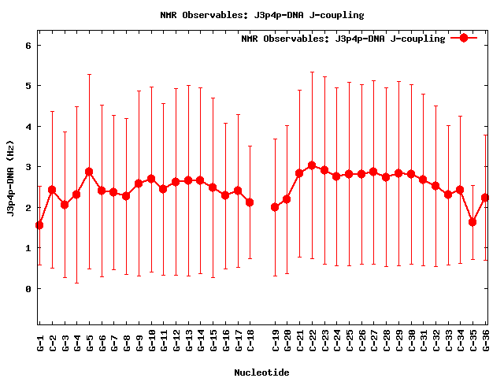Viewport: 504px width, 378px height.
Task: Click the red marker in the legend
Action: coord(464,38)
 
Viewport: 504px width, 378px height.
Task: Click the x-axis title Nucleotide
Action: coord(261,372)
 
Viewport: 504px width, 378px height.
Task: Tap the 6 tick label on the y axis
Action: coord(28,45)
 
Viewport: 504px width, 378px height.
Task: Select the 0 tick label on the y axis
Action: coord(28,289)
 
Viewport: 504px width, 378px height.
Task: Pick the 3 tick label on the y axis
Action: coord(28,167)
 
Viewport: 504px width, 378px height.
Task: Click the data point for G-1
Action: coord(39,225)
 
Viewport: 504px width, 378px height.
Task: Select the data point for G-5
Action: coord(89,172)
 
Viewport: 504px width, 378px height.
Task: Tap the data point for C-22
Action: coord(312,165)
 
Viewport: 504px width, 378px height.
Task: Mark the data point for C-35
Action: coord(472,222)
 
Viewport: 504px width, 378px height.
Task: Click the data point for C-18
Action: coord(250,202)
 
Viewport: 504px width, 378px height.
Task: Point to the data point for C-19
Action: coord(275,207)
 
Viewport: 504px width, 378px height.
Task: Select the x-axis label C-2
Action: coord(52,343)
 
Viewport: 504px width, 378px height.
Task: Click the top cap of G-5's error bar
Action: coord(89,74)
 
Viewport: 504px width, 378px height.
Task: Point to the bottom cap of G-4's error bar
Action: coord(76,283)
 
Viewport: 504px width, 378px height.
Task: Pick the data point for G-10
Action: coord(151,179)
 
